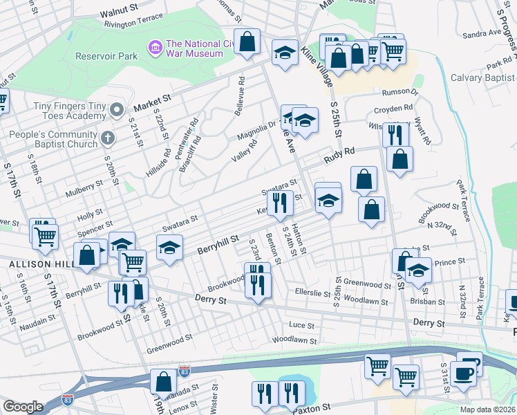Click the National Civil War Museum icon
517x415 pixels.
click(155, 48)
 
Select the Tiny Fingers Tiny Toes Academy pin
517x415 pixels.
click(117, 109)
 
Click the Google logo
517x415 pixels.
click(23, 407)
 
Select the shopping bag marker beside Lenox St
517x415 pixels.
click(164, 381)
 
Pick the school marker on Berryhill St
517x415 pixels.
click(168, 248)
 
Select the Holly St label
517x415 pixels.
click(91, 212)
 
